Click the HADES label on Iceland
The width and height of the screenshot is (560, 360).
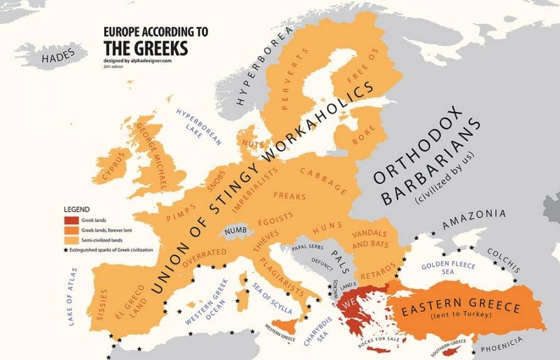[58, 56]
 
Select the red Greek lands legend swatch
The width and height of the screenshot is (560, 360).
[70, 221]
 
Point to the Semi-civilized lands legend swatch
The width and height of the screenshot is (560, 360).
[70, 240]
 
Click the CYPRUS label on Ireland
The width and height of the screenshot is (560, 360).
[114, 165]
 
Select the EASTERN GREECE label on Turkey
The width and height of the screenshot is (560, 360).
[461, 308]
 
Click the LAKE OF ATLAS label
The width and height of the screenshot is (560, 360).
[73, 296]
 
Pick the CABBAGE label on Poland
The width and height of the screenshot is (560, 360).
[324, 180]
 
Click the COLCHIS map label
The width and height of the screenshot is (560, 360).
[503, 256]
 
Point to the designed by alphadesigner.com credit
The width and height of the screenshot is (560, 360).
[137, 60]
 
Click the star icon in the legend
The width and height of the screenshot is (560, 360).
[66, 250]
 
